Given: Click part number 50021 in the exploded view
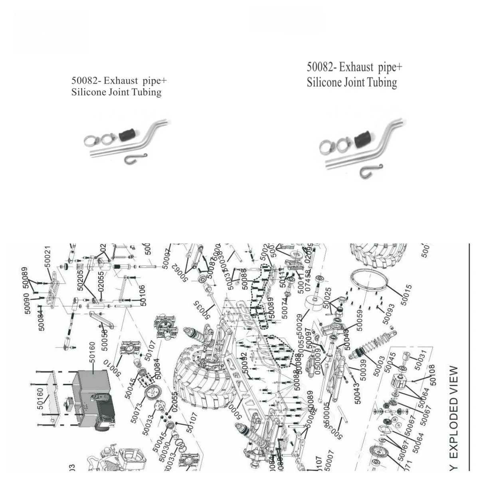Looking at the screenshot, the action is coord(48,257).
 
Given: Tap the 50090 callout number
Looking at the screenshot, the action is coord(27,303).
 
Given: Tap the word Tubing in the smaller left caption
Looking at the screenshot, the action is coord(148,92).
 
